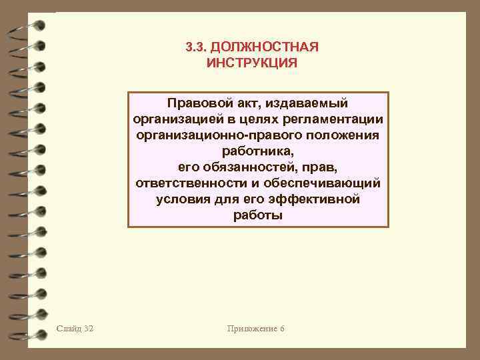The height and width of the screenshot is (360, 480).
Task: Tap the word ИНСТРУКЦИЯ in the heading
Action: (252, 63)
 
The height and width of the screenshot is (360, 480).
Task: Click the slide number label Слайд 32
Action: (75, 329)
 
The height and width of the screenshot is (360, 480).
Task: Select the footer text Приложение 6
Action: (256, 329)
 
